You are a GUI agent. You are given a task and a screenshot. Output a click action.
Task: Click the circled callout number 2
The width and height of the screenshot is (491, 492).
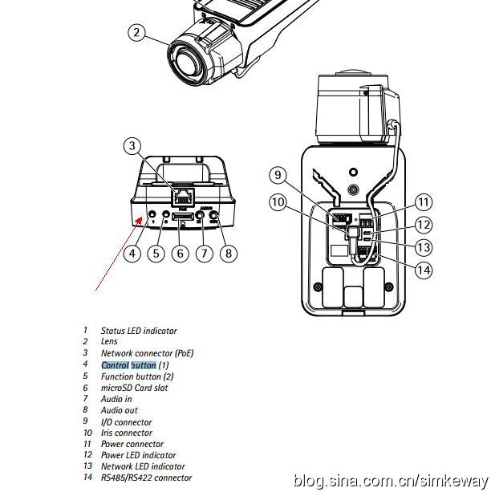coord(137,32)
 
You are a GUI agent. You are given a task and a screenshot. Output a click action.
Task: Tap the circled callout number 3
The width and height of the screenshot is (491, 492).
coord(133,146)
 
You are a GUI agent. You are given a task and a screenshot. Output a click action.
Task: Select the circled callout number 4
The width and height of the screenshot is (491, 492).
coord(133,254)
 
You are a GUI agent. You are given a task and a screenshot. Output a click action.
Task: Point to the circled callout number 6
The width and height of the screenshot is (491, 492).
coord(181,254)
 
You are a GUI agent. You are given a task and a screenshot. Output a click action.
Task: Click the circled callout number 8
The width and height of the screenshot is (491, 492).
coord(229,254)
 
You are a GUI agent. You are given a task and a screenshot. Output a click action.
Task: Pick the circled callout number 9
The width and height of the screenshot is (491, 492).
coord(278,174)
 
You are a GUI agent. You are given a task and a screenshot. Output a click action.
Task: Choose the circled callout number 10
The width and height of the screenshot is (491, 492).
coord(278,202)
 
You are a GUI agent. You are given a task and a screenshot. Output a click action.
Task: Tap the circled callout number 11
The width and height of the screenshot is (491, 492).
coord(424,202)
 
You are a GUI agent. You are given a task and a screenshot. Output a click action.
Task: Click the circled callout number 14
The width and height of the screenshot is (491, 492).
coord(424,270)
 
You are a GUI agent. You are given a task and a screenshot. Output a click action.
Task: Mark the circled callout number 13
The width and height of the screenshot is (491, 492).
coord(424,247)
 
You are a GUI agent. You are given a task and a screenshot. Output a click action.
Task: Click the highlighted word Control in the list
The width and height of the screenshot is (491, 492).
coord(115,365)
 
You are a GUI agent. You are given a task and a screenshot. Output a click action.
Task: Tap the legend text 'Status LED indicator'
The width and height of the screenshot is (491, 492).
coord(139,331)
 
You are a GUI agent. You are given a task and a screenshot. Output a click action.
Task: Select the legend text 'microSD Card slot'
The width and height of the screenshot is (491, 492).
coord(134,388)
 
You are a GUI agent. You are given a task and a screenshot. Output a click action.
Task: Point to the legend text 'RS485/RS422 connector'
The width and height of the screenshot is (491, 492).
coord(146,478)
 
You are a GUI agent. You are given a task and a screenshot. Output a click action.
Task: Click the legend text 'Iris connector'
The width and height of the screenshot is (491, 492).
coord(126,433)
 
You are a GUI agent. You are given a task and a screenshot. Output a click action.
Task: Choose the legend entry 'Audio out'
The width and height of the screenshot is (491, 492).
coord(119,410)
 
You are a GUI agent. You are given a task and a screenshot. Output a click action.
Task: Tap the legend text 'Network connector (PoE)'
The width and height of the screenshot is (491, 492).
coord(147,353)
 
